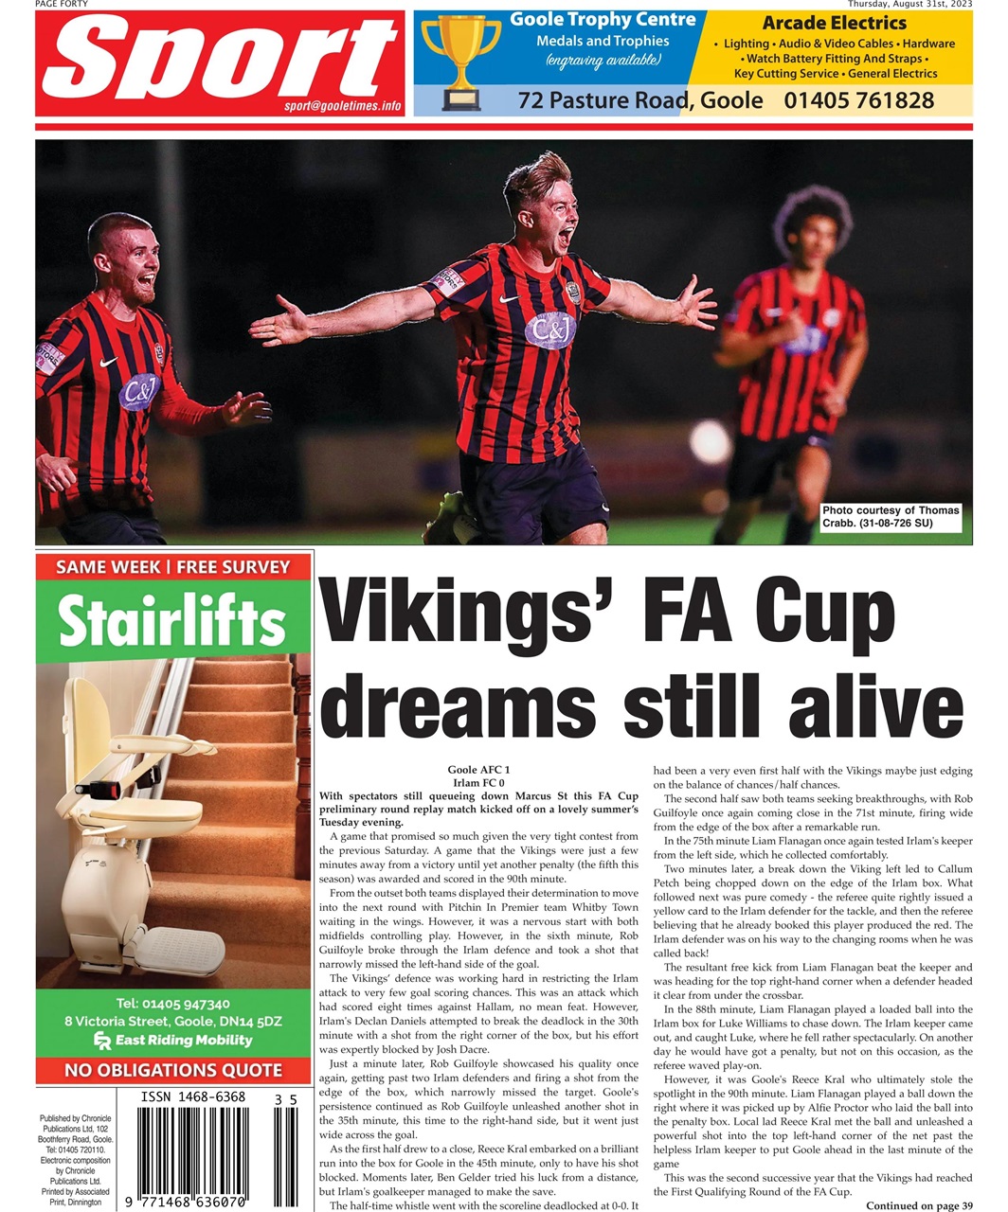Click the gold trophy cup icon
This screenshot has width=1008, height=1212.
point(460,60)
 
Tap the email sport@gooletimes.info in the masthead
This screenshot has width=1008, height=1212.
point(343,106)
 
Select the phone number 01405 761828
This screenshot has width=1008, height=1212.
point(858,100)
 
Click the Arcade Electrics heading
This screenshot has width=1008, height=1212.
point(834,23)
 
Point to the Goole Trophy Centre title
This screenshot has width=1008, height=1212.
point(603,20)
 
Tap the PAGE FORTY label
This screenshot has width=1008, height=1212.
point(62,4)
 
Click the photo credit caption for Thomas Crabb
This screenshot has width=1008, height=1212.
point(891,517)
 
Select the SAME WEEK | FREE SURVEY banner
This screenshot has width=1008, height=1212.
point(173,567)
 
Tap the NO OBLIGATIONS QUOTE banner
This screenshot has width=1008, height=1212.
point(173,1071)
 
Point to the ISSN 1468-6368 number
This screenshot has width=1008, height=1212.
point(193,1097)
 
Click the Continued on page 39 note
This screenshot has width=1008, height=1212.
point(918,1205)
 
